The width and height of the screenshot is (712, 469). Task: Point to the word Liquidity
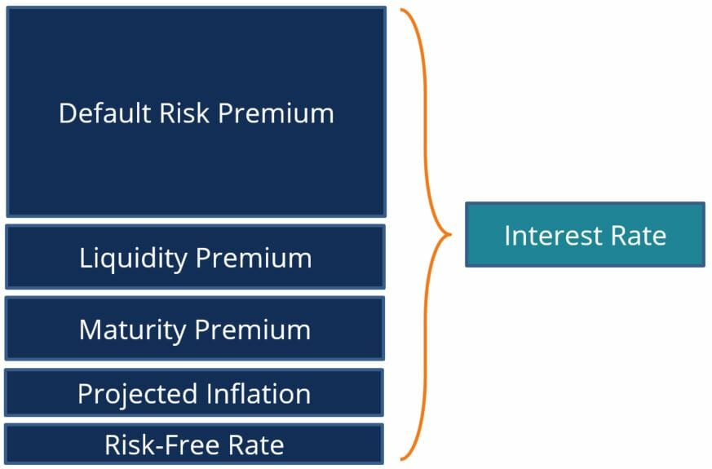133,259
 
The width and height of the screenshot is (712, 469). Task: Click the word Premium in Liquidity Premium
254,259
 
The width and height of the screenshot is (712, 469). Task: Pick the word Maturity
131,330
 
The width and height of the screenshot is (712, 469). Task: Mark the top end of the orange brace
401,11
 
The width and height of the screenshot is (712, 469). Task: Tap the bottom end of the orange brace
401,458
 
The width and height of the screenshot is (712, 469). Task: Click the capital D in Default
67,113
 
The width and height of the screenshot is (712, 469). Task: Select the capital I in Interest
507,236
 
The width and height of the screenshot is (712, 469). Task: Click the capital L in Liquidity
84,259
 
